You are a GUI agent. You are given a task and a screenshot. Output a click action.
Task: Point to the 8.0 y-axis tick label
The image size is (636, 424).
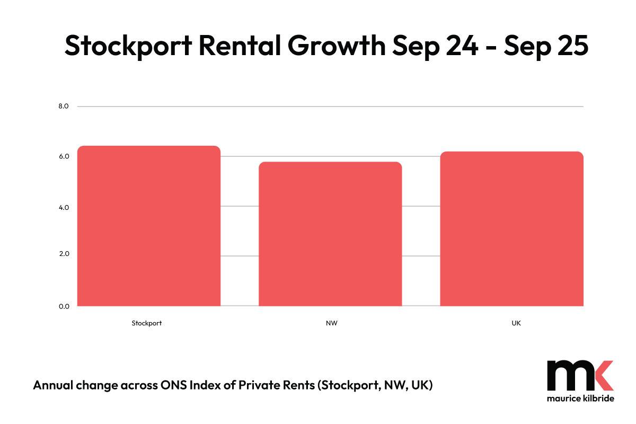point(64,107)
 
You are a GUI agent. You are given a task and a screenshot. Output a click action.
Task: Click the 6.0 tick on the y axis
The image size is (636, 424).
point(64,156)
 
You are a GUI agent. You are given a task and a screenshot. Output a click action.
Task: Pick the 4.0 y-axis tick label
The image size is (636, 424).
point(64,207)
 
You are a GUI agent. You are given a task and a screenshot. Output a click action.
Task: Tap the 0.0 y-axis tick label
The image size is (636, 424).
point(64,306)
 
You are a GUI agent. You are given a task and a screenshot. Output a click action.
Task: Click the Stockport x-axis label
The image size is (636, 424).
point(147,323)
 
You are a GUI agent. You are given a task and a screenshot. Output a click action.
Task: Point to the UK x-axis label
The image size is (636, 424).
point(517,323)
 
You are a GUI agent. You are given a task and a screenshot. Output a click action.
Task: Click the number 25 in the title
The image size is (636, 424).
point(573,45)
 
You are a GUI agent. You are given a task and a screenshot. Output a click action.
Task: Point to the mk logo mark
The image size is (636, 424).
point(580,376)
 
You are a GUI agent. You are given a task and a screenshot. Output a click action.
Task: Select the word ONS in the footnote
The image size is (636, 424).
point(173,385)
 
